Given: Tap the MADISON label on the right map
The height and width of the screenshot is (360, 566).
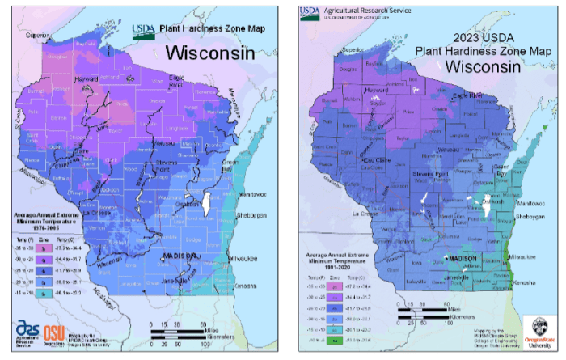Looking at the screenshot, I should pyautogui.click(x=462, y=258).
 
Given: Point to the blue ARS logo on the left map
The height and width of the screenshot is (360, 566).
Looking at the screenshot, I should pyautogui.click(x=26, y=332).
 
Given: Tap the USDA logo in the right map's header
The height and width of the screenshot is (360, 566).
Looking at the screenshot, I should pyautogui.click(x=312, y=14).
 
